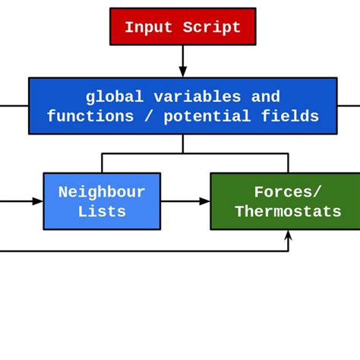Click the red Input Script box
[x=182, y=27]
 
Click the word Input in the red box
[x=149, y=28]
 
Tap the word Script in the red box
[x=212, y=28]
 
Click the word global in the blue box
[x=115, y=97]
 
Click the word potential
[x=212, y=117]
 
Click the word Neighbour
[x=102, y=192]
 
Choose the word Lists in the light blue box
[x=102, y=212]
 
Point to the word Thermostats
[x=288, y=212]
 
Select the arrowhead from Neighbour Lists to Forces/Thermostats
[x=204, y=201]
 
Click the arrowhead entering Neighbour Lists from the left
[x=38, y=201]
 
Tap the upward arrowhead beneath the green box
[x=288, y=235]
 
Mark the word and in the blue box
[x=266, y=97]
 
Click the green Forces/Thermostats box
[x=286, y=202]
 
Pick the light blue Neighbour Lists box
[x=102, y=202]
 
